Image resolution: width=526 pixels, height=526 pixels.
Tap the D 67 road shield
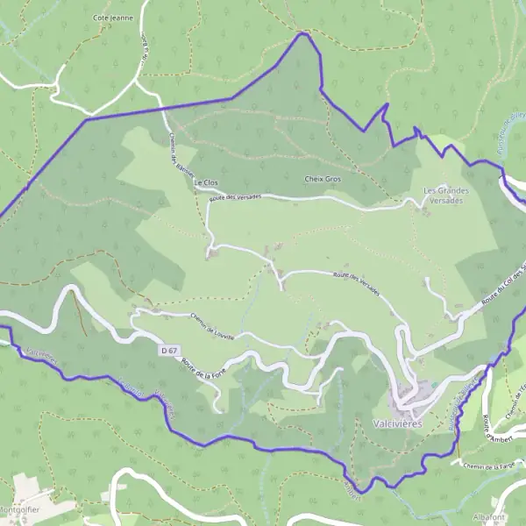click(x=170, y=350)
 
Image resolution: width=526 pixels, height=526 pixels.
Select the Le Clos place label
click(x=205, y=182)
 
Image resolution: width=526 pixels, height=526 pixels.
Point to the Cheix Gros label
click(x=322, y=179)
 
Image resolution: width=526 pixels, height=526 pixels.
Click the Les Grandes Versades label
click(x=446, y=195)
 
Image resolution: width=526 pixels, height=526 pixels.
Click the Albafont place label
click(x=487, y=518)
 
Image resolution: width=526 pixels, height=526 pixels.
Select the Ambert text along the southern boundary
click(x=352, y=484)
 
